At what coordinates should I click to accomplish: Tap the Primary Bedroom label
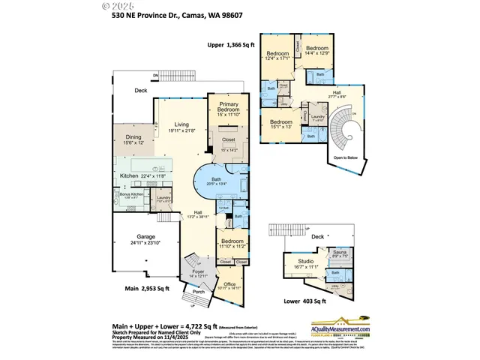coord(228,106)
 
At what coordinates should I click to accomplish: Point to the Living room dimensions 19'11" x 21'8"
coord(182,131)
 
